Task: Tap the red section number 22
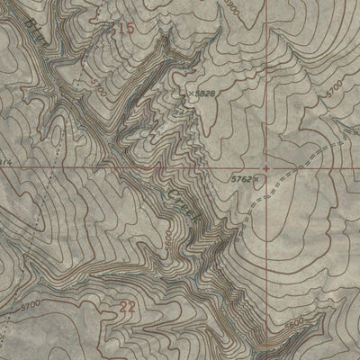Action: pos(128,309)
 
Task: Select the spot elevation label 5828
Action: pos(206,93)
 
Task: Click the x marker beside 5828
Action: pos(191,92)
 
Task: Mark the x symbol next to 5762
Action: pos(256,179)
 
